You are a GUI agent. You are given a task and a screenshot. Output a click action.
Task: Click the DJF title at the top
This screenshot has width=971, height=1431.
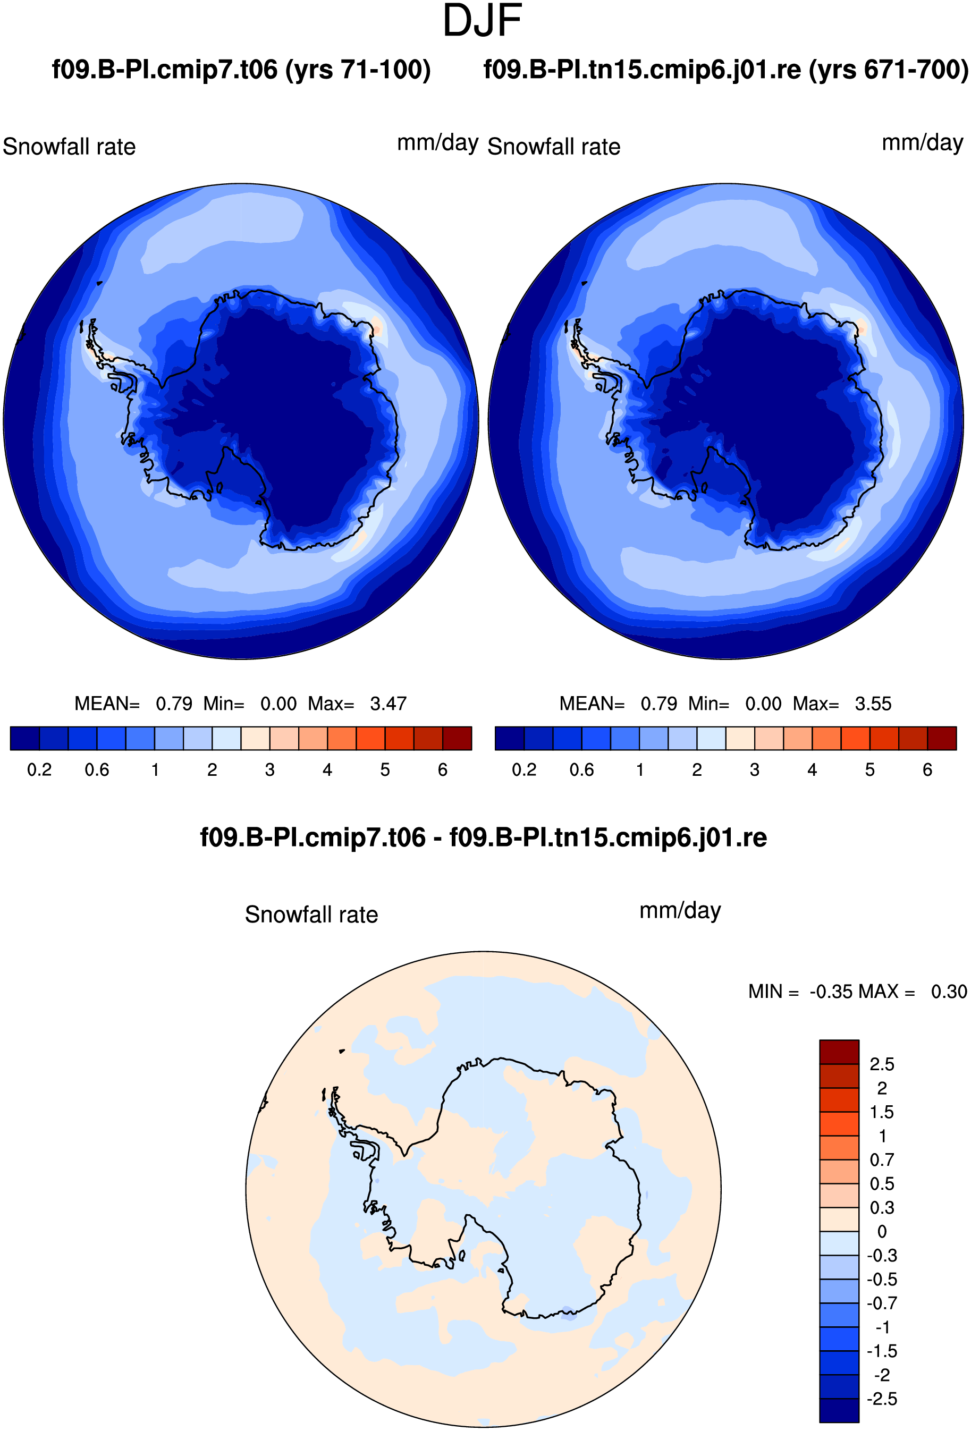pyautogui.click(x=482, y=21)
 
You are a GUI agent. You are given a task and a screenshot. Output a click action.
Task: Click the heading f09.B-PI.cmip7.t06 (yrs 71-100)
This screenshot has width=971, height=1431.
pyautogui.click(x=241, y=70)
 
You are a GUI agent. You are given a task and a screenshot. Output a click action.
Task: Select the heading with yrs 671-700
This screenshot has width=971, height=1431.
pyautogui.click(x=726, y=70)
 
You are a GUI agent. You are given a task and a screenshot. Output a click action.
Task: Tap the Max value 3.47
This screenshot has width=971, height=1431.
pyautogui.click(x=388, y=703)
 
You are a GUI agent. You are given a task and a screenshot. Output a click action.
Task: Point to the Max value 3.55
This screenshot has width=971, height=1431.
pyautogui.click(x=873, y=703)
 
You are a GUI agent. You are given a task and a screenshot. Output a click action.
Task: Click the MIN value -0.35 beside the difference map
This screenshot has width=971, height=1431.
pyautogui.click(x=831, y=992)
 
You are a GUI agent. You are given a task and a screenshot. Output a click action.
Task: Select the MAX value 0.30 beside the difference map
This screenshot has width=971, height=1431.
pyautogui.click(x=949, y=992)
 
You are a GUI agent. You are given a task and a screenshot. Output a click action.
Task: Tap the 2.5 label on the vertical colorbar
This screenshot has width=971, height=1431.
pyautogui.click(x=882, y=1064)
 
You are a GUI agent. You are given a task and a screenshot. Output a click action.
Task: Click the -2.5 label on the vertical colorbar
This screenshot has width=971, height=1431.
pyautogui.click(x=882, y=1399)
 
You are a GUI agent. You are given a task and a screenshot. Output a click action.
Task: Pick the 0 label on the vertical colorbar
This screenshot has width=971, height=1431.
pyautogui.click(x=882, y=1232)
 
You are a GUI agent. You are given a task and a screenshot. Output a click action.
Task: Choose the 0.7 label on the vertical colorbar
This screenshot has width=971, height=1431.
pyautogui.click(x=882, y=1159)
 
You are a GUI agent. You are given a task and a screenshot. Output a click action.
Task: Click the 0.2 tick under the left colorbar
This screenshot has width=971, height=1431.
pyautogui.click(x=39, y=769)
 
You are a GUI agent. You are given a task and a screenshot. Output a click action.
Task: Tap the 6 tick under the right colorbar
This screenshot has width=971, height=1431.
pyautogui.click(x=927, y=769)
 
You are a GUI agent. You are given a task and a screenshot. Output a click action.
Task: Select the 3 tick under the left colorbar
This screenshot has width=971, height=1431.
pyautogui.click(x=269, y=769)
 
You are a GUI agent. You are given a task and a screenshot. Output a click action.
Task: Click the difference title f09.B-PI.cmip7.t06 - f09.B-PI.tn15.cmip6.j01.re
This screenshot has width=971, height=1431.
pyautogui.click(x=483, y=837)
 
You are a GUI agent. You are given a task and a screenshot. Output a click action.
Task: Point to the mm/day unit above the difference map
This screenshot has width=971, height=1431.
pyautogui.click(x=680, y=910)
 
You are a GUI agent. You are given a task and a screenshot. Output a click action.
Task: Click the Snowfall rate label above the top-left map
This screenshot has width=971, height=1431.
pyautogui.click(x=69, y=147)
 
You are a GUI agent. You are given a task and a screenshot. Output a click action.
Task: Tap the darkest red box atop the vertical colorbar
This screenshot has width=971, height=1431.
pyautogui.click(x=839, y=1052)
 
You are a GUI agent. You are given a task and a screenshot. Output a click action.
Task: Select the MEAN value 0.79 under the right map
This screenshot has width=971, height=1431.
pyautogui.click(x=659, y=703)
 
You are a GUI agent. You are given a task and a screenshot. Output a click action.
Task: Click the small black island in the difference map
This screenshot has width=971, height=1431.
pyautogui.click(x=342, y=1051)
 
